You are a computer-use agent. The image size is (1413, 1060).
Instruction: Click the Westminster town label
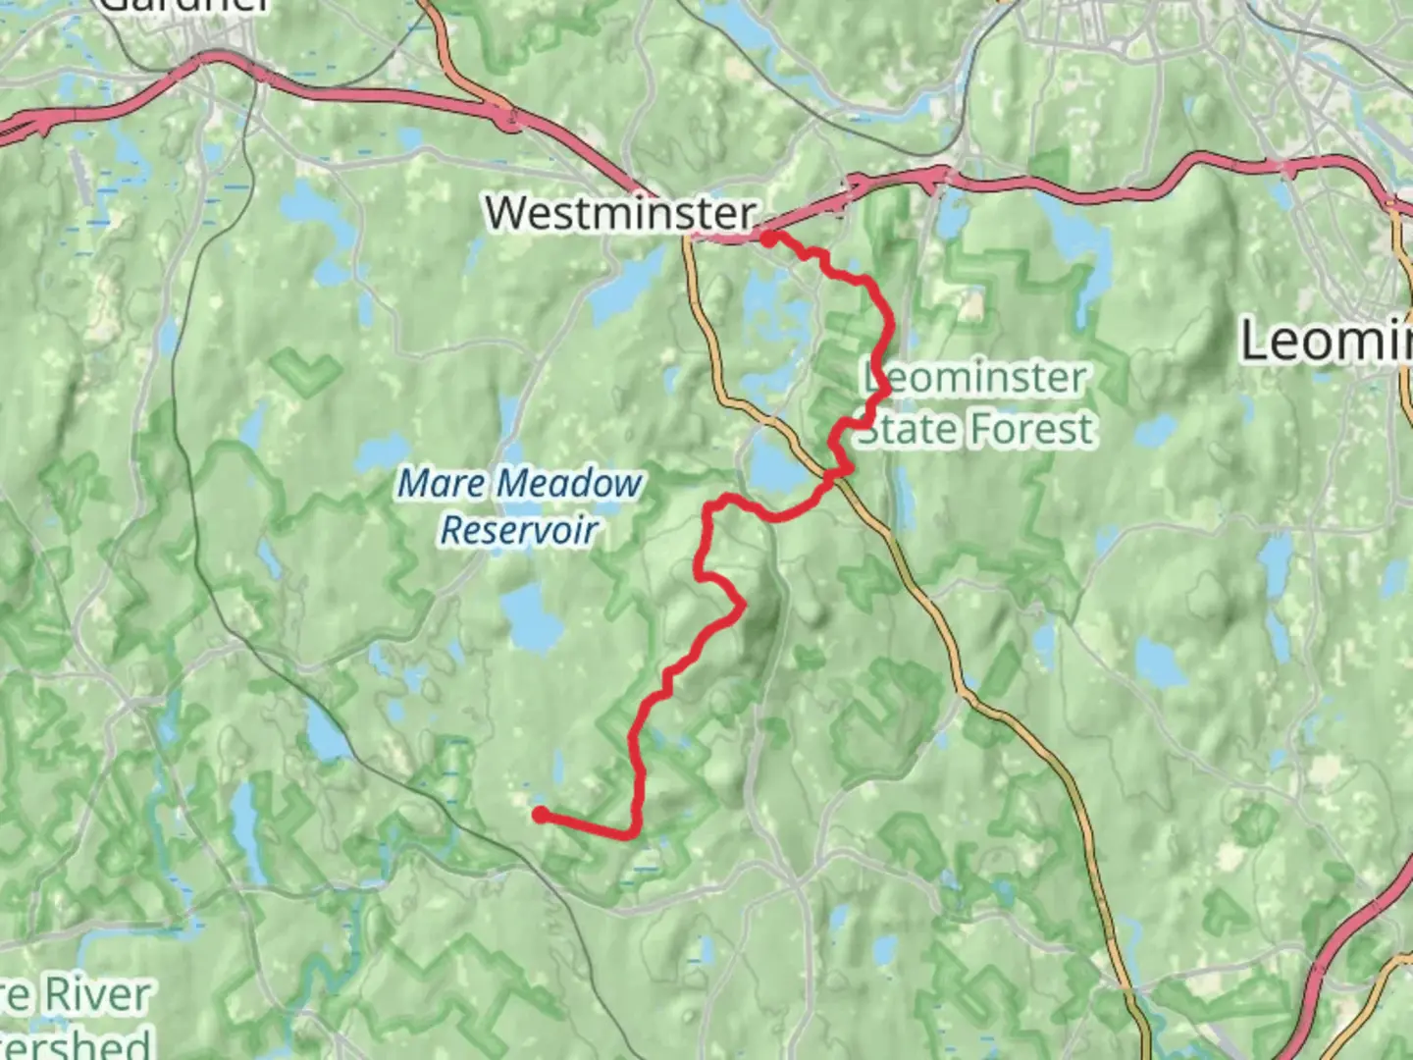pos(620,213)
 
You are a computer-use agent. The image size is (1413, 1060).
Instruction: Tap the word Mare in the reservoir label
pos(441,484)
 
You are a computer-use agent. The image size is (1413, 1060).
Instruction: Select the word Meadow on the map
pos(569,484)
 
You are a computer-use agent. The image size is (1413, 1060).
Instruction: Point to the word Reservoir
pos(519,530)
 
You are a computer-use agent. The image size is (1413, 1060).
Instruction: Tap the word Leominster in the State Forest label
pos(975,378)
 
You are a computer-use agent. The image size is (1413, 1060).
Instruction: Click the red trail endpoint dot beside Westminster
pos(769,237)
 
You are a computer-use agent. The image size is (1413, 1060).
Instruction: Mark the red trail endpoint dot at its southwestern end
pos(540,814)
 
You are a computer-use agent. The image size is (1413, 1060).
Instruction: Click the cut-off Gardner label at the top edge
pos(186,6)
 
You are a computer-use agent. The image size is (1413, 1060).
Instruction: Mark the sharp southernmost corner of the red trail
pos(628,835)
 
